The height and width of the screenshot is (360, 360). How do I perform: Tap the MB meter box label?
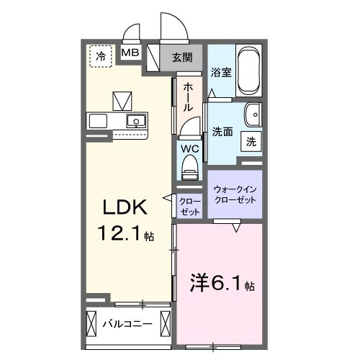130,53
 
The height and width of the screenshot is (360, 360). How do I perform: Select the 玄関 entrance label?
181,58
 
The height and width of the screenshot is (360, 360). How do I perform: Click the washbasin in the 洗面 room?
253,115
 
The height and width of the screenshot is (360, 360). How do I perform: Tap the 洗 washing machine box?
251,142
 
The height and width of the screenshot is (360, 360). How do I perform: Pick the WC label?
189,149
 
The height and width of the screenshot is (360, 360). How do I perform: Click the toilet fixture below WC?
189,169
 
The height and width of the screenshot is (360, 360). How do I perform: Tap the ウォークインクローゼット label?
235,194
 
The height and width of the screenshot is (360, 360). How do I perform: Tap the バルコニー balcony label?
127,323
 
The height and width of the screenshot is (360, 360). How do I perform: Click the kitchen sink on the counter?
135,120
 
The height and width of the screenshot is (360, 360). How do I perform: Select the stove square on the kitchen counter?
98,120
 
